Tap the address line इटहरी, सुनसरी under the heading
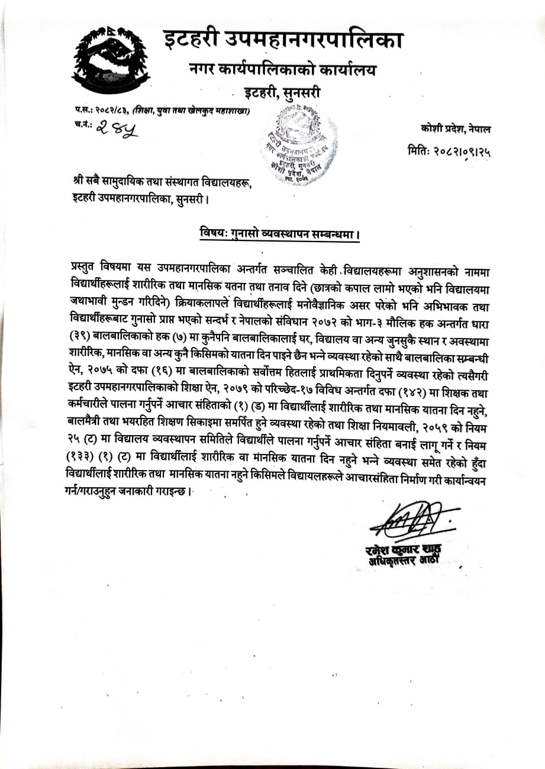tap(282, 93)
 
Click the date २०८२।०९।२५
tap(466, 152)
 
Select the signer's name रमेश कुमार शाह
tap(404, 549)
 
